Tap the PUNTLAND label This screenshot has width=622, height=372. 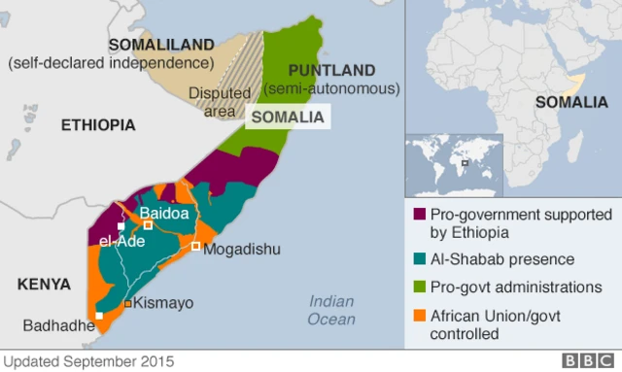(x=331, y=70)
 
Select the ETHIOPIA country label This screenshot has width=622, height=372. (x=97, y=125)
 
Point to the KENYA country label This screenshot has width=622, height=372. (x=44, y=284)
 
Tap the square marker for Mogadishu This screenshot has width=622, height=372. (x=196, y=247)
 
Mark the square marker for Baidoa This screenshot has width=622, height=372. (x=149, y=225)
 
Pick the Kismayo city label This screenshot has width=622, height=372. (x=162, y=304)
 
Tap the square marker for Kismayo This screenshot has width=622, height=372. (x=127, y=304)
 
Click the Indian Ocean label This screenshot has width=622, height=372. (x=331, y=310)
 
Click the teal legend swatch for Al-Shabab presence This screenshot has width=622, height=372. (x=420, y=260)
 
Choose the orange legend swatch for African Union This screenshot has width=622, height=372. (x=420, y=315)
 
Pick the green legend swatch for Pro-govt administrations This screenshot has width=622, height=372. (x=420, y=287)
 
